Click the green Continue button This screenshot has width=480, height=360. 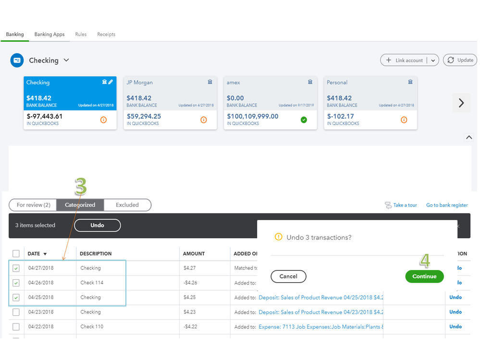click(x=424, y=276)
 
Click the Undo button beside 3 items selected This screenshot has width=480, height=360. click(x=98, y=225)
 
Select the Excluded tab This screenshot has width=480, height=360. click(x=127, y=205)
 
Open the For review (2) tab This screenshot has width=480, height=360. click(x=33, y=205)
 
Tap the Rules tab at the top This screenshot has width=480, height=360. click(x=81, y=35)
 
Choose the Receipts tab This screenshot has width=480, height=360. click(x=106, y=35)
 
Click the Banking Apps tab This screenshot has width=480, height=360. click(x=49, y=35)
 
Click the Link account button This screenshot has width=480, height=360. click(x=404, y=61)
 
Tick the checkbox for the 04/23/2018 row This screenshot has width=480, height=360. click(x=16, y=312)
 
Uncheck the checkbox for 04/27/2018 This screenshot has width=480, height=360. click(x=16, y=268)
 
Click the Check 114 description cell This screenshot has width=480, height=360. click(x=92, y=283)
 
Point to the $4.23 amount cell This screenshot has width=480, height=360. click(x=189, y=312)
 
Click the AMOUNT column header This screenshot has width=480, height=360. click(x=194, y=254)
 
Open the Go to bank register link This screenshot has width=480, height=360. click(x=447, y=205)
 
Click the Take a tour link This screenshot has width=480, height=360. click(x=405, y=205)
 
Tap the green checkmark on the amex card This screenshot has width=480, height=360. click(x=304, y=120)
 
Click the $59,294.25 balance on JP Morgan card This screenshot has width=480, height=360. click(x=144, y=116)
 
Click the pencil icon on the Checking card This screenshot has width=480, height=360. click(x=111, y=82)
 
